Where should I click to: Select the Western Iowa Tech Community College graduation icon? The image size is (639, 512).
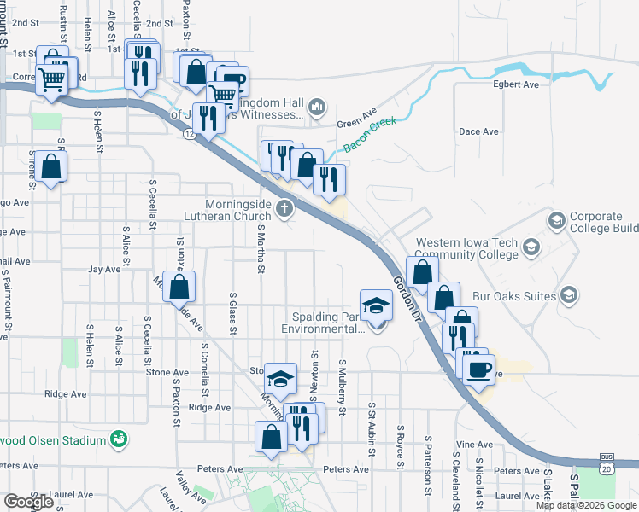(x=531, y=247)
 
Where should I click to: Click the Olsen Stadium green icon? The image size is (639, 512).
(x=120, y=439)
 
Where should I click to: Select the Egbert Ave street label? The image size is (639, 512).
(x=516, y=85)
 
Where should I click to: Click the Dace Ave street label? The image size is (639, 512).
(x=478, y=131)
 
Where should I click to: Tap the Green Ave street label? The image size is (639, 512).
(x=357, y=119)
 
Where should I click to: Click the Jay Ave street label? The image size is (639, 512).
(x=104, y=269)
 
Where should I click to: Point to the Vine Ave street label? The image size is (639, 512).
(x=475, y=445)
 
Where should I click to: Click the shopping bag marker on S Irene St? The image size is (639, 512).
(x=51, y=167)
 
